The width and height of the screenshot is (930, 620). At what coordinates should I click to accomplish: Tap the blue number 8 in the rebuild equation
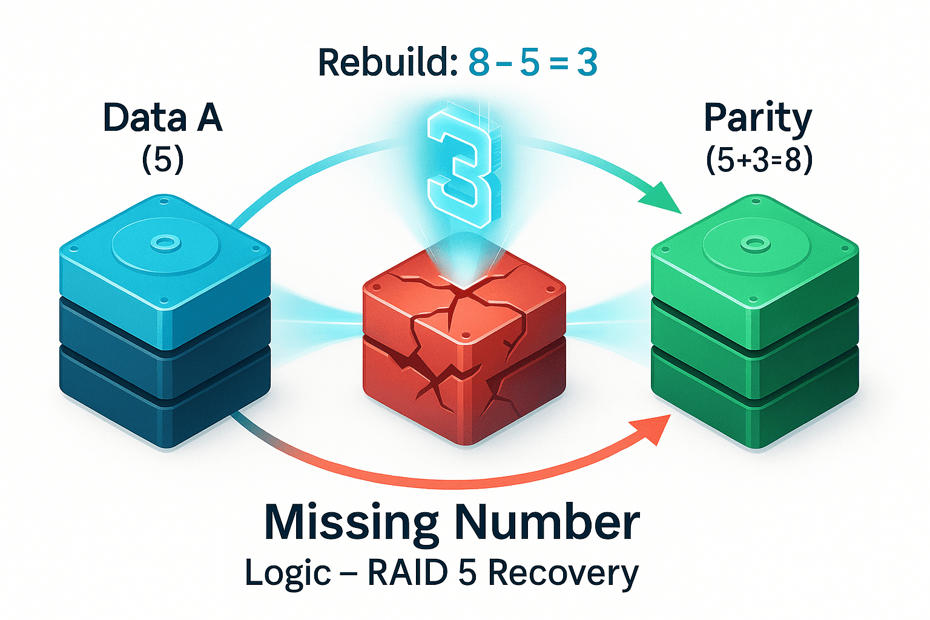[x=478, y=62]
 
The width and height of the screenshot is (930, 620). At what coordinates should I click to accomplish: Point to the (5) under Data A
[x=162, y=160]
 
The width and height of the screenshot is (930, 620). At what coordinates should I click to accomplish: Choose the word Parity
[x=757, y=118]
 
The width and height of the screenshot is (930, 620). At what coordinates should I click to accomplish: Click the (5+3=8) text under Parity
[x=759, y=160]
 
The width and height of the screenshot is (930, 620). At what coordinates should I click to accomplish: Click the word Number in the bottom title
[x=547, y=522]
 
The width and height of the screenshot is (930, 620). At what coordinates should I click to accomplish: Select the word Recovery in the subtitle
[x=563, y=573]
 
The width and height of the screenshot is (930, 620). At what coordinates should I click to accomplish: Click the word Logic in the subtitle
[x=288, y=573]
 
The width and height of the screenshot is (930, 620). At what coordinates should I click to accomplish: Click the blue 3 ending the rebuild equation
[x=587, y=62]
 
